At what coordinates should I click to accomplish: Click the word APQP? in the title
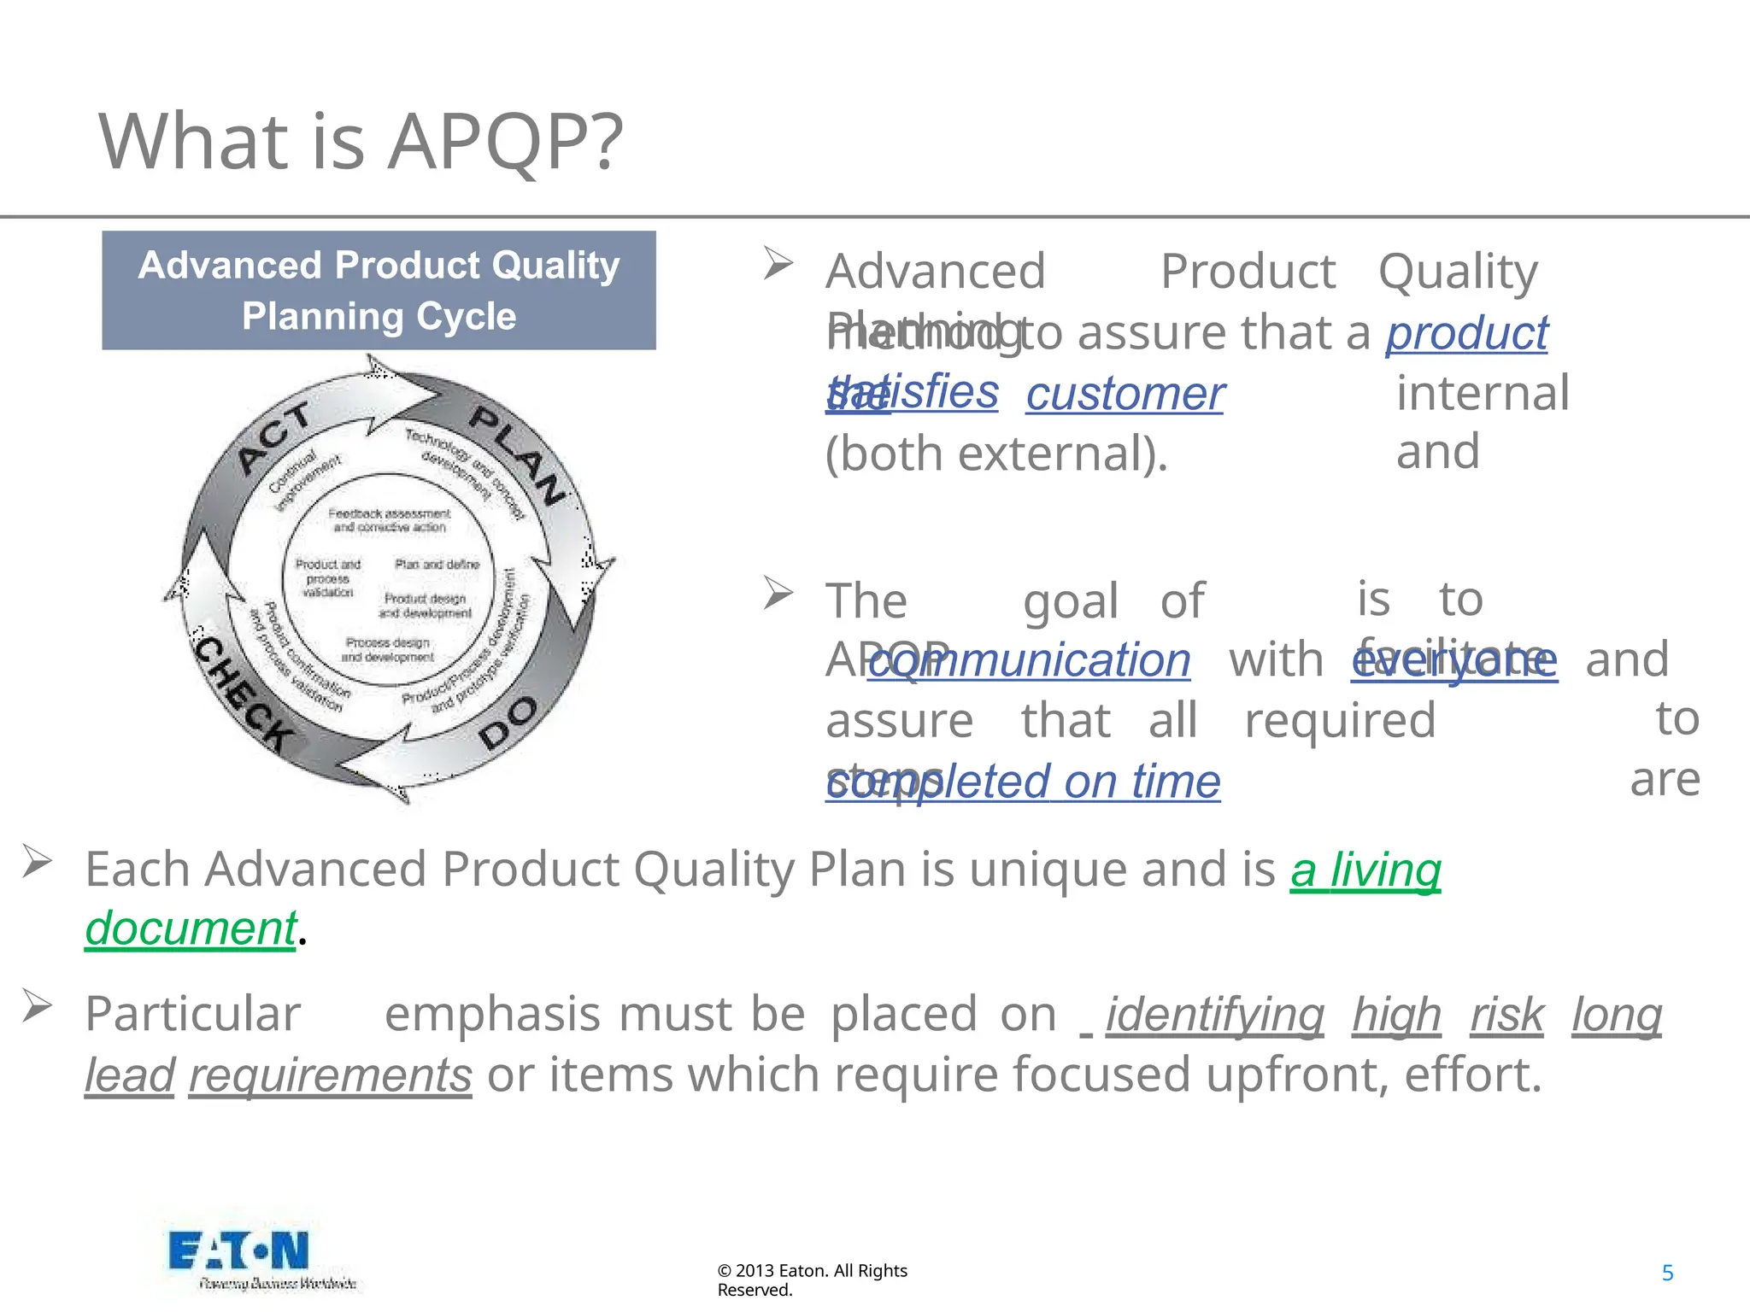[506, 141]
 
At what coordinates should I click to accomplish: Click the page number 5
[1667, 1274]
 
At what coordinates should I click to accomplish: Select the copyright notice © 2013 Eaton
[812, 1280]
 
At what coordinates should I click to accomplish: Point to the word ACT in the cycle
[273, 437]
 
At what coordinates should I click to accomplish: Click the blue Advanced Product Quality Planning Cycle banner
[379, 290]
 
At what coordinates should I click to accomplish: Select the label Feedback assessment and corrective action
[389, 520]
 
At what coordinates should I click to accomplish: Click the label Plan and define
[437, 565]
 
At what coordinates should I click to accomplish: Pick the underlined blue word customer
[1125, 394]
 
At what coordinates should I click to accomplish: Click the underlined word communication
[1029, 660]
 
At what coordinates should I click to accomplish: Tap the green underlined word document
[191, 928]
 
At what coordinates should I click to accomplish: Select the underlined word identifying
[1214, 1015]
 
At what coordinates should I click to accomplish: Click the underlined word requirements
[330, 1075]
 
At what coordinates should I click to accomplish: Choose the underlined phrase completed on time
[1023, 782]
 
